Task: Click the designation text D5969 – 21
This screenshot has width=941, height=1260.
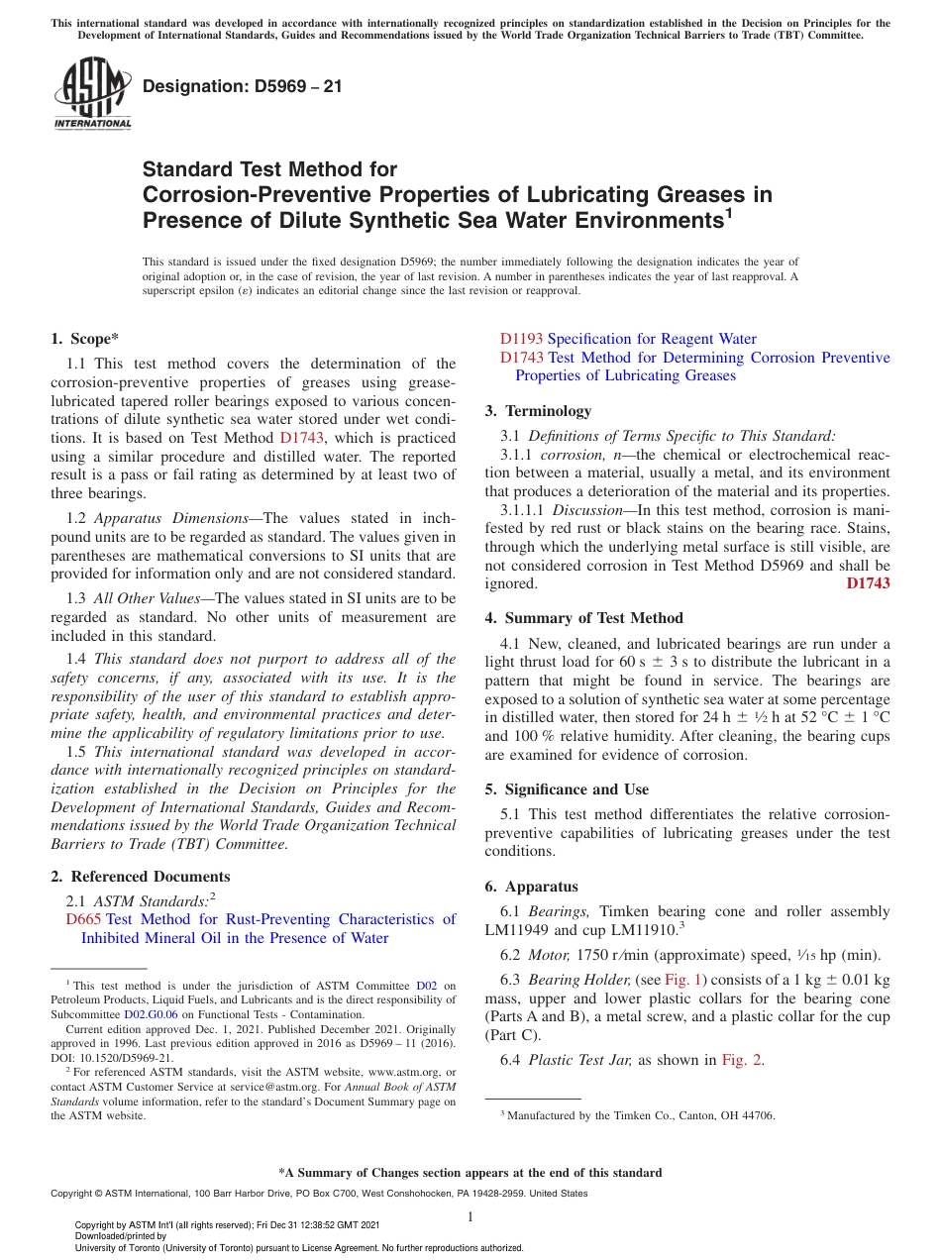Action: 243,86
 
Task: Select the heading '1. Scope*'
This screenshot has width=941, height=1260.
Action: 85,338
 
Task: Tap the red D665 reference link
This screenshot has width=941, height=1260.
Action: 83,919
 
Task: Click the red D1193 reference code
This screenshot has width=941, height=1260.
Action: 521,339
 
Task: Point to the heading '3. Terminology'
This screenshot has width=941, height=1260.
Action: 538,411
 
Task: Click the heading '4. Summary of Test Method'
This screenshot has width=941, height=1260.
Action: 583,618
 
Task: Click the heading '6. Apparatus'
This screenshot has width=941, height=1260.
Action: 531,887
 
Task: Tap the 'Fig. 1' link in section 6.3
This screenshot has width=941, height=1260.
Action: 682,980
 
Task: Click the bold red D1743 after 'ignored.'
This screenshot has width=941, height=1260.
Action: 868,583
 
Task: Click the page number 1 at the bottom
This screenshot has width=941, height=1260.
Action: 470,1216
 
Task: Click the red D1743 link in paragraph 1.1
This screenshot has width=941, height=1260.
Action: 302,438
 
